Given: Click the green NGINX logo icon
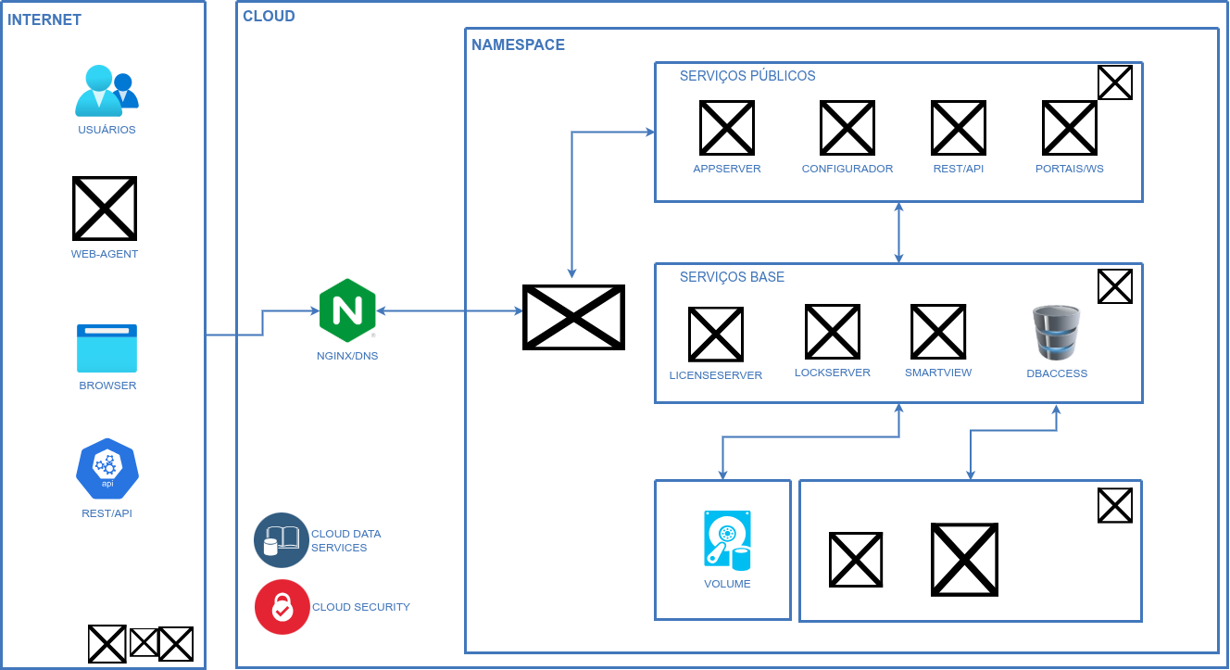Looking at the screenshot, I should pyautogui.click(x=347, y=310).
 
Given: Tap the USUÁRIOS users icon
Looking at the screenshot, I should pyautogui.click(x=106, y=91).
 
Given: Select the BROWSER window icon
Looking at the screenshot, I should pyautogui.click(x=107, y=348).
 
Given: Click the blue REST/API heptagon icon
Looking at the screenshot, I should pyautogui.click(x=107, y=468).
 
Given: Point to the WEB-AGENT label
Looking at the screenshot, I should pyautogui.click(x=105, y=254).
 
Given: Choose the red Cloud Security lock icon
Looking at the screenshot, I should pyautogui.click(x=282, y=607).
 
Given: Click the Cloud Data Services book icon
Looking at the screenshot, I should pyautogui.click(x=282, y=539).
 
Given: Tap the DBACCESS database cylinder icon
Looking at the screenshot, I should pyautogui.click(x=1057, y=333).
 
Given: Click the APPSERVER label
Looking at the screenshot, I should pyautogui.click(x=727, y=169).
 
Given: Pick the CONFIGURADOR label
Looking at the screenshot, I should pyautogui.click(x=847, y=169).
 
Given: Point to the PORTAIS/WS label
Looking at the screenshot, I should pyautogui.click(x=1070, y=169).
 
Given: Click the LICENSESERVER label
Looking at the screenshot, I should pyautogui.click(x=716, y=375).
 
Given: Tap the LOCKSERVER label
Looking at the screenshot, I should pyautogui.click(x=833, y=373).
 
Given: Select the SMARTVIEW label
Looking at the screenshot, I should pyautogui.click(x=938, y=373).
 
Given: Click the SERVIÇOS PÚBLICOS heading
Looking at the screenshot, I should pyautogui.click(x=747, y=76).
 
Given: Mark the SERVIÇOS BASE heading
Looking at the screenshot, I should pyautogui.click(x=732, y=277).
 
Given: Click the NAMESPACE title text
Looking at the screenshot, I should pyautogui.click(x=518, y=44).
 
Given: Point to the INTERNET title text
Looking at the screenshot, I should pyautogui.click(x=44, y=19).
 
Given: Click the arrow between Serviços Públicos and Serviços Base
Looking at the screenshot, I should pyautogui.click(x=898, y=233).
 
